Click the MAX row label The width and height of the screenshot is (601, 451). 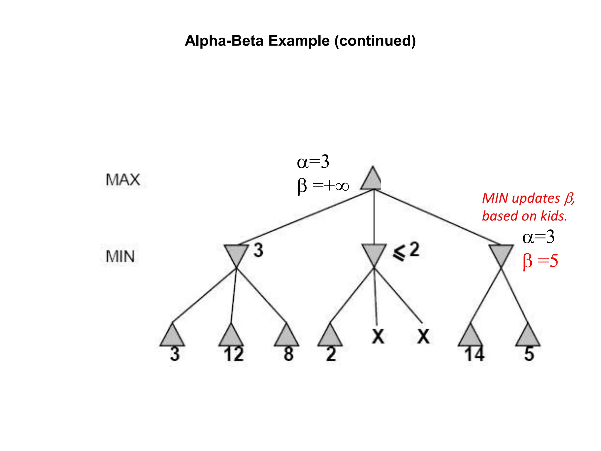(123, 179)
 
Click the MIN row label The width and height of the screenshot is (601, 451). (120, 256)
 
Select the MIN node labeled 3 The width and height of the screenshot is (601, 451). (236, 254)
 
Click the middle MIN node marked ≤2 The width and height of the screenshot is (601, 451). (374, 254)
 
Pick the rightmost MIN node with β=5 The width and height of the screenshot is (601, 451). (501, 254)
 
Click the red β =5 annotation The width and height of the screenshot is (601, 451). (540, 260)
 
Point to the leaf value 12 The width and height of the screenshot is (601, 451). (234, 354)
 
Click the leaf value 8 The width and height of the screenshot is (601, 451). (288, 354)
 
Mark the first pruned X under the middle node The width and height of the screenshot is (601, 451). (378, 336)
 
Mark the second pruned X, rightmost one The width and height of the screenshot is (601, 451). (423, 336)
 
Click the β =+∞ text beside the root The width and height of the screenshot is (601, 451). (323, 186)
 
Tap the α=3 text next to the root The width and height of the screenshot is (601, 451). (313, 162)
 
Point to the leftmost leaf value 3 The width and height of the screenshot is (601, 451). (175, 354)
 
